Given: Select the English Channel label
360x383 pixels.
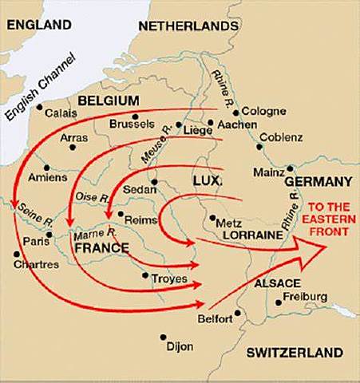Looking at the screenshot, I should click(x=40, y=85).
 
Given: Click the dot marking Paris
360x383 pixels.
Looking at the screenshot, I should click(x=49, y=235).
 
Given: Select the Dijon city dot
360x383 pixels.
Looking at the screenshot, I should click(x=163, y=337).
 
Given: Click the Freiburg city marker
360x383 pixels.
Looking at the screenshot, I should click(x=277, y=302).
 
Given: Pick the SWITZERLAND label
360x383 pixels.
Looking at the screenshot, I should click(x=295, y=352).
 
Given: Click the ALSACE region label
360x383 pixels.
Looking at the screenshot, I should click(x=276, y=283).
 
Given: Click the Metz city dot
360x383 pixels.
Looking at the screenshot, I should click(x=212, y=217).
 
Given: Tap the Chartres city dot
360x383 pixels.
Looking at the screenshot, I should click(x=16, y=255).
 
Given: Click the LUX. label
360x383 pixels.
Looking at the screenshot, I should click(x=206, y=181).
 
